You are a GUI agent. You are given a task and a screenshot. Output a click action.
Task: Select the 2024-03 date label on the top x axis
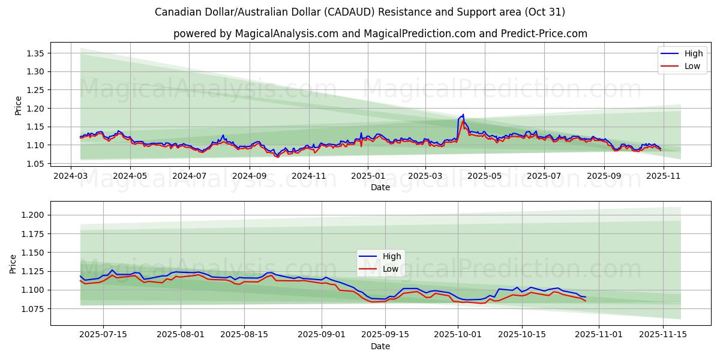tap(71, 176)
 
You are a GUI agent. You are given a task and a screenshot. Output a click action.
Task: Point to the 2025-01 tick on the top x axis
tap(367, 176)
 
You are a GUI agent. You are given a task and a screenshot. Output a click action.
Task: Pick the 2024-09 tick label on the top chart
tap(249, 176)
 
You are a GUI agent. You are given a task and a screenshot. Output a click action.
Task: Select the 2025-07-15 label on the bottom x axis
tap(103, 335)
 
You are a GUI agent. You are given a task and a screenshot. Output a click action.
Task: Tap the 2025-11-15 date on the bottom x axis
tap(662, 335)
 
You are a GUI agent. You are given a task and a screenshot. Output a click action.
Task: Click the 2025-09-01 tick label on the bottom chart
tap(322, 335)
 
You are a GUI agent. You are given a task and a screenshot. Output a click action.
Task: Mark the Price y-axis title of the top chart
tap(18, 105)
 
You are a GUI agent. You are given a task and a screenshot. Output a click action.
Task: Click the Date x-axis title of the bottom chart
tap(380, 346)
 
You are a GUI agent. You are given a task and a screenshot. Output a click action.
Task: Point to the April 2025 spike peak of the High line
tap(463, 114)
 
